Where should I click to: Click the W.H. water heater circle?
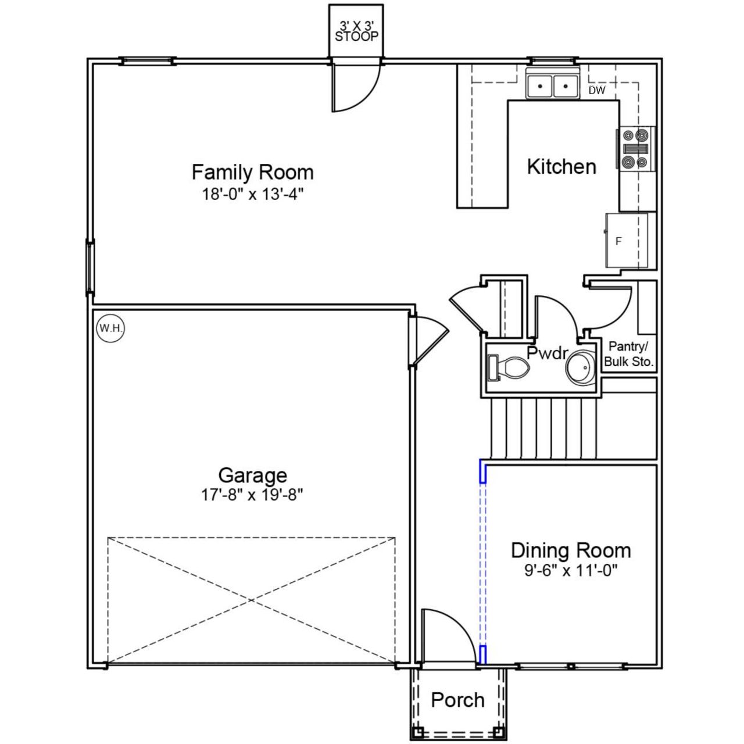(x=110, y=328)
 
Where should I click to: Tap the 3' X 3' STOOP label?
(x=356, y=31)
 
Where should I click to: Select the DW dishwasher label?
(x=596, y=91)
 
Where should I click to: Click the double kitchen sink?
(x=552, y=86)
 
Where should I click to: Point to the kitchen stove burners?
(x=635, y=149)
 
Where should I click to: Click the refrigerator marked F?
(x=627, y=240)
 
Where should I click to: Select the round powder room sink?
(x=581, y=368)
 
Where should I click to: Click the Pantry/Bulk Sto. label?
(x=629, y=354)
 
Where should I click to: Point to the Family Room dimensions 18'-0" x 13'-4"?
(x=253, y=194)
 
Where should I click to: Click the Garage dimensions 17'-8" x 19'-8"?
(x=252, y=495)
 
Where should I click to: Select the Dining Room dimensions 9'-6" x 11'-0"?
(x=570, y=570)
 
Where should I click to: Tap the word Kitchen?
(x=561, y=167)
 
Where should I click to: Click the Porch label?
(x=457, y=700)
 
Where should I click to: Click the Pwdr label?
(x=546, y=353)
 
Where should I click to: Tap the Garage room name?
(x=252, y=475)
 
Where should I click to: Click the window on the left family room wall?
(x=90, y=267)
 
